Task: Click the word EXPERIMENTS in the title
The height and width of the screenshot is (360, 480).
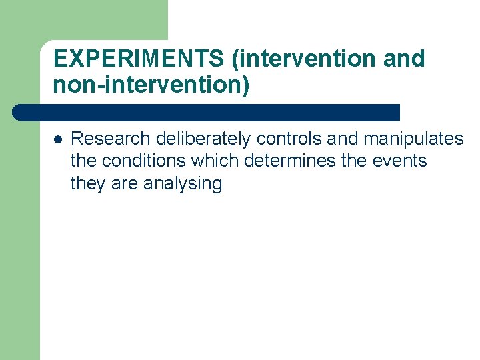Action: [139, 59]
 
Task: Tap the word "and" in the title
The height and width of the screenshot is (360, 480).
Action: [404, 59]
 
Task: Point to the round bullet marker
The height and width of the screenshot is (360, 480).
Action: [58, 139]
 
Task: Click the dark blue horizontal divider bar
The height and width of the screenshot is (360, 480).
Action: [207, 112]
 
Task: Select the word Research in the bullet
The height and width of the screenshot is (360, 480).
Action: [111, 139]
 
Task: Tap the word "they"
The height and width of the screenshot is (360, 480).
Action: [88, 184]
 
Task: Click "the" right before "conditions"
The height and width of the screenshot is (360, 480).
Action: [82, 161]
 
